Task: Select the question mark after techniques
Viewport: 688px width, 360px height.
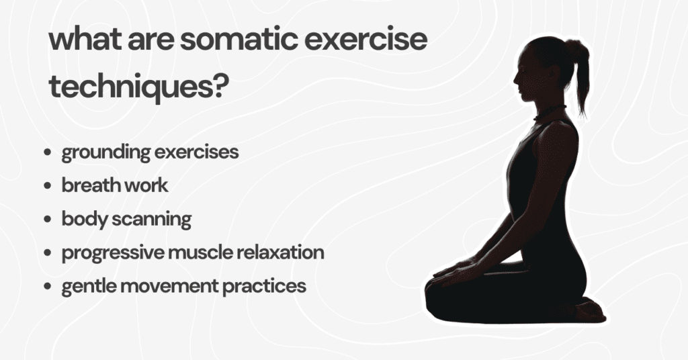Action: tap(215, 87)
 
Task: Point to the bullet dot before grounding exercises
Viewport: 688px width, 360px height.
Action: tap(47, 153)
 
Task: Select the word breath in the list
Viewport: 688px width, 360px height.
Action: tap(86, 185)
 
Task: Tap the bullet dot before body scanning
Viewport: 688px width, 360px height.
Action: tap(47, 220)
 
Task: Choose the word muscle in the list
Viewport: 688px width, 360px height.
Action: tap(196, 253)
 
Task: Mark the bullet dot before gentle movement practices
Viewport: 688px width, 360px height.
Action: tap(47, 287)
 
